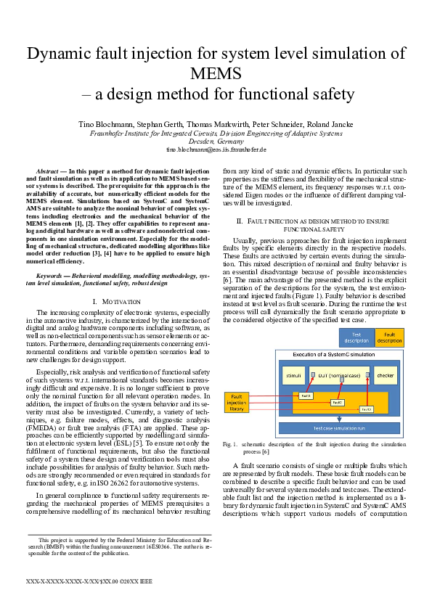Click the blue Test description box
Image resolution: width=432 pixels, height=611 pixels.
(x=356, y=337)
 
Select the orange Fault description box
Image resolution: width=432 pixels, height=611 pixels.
(x=389, y=337)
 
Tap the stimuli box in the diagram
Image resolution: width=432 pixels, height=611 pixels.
(x=293, y=375)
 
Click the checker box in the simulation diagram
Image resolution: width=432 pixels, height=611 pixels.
(x=385, y=375)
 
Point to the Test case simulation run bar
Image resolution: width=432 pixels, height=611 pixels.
(x=340, y=428)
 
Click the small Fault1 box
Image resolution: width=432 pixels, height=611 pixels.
(x=306, y=395)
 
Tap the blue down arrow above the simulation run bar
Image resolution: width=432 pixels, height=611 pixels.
(x=339, y=419)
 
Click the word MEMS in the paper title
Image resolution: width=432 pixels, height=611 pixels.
(x=216, y=73)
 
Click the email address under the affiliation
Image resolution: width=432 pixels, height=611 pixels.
(x=216, y=149)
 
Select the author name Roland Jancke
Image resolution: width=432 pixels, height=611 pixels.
(x=311, y=125)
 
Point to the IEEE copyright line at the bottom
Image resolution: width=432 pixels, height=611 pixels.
(x=89, y=582)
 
